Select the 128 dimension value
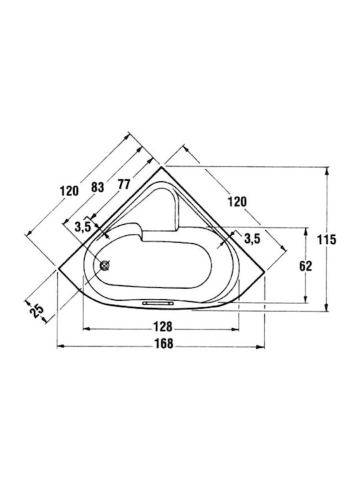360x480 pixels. pos(163,326)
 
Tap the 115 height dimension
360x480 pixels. pos(326,240)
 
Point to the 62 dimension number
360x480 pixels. pos(305,266)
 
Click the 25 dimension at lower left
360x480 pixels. pos(37,311)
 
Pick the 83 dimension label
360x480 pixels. pos(98,187)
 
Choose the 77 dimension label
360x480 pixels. pos(124,184)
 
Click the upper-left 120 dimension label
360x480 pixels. pos(69,191)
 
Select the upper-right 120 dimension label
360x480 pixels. pos(237,202)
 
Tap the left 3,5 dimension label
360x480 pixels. pos(83,227)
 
